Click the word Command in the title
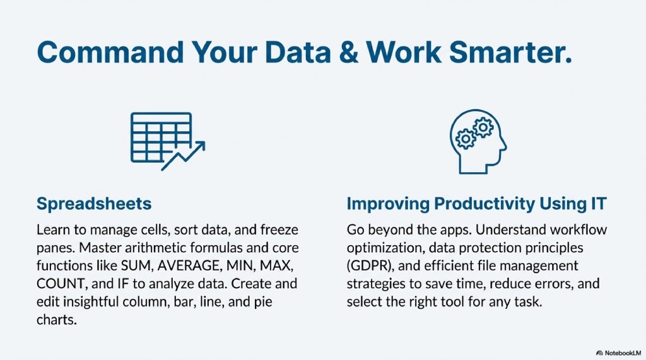point(110,52)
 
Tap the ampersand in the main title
point(348,52)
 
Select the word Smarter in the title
point(510,52)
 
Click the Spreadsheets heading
point(94,204)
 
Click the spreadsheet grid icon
point(161,137)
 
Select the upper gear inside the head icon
point(483,128)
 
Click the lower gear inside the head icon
point(466,139)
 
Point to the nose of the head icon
point(503,144)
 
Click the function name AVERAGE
point(189,265)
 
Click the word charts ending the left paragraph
point(56,320)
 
